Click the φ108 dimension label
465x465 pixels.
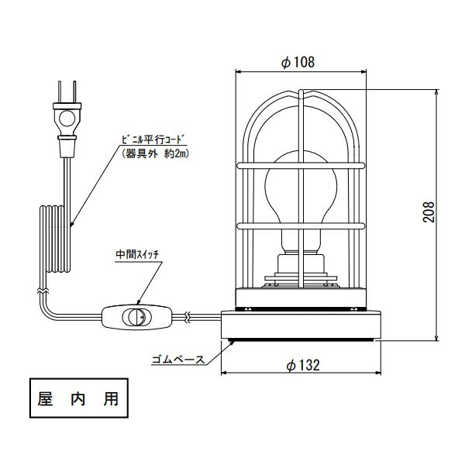pyautogui.click(x=298, y=62)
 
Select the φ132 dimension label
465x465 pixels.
pyautogui.click(x=303, y=365)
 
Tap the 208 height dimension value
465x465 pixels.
pyautogui.click(x=429, y=212)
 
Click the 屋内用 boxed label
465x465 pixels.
pyautogui.click(x=79, y=398)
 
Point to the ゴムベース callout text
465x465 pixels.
pyautogui.click(x=178, y=360)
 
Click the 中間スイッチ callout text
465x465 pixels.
pyautogui.click(x=137, y=254)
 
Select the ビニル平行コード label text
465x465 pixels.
pyautogui.click(x=153, y=139)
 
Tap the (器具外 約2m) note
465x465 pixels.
pyautogui.click(x=156, y=153)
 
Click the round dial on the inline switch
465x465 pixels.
pyautogui.click(x=136, y=317)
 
